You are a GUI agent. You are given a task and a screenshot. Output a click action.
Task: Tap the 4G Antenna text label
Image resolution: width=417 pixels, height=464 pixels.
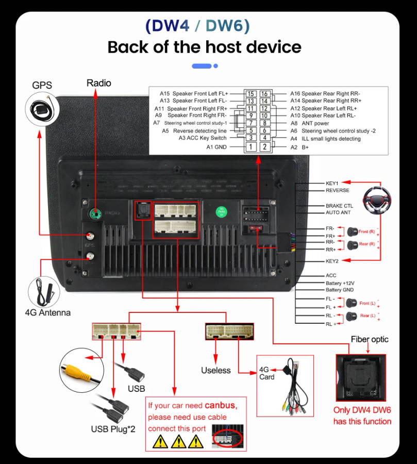48,312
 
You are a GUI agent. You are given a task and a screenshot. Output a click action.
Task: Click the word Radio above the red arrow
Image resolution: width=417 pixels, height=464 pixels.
98,83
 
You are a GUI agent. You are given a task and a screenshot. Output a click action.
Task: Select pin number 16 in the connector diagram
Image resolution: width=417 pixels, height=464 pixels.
264,94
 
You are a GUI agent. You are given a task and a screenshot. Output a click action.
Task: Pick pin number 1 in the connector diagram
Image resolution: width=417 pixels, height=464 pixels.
250,147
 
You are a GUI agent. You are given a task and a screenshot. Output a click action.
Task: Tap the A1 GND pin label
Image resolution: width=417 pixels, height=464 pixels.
216,147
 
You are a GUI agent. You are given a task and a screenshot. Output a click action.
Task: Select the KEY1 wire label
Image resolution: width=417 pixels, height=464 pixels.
332,183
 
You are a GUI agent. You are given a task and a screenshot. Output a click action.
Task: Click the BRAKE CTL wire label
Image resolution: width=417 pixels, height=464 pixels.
339,206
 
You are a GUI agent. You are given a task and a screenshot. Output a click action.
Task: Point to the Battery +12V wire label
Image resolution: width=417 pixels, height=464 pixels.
340,284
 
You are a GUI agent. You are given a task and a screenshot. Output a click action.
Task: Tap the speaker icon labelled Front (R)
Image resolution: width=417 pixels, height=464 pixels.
353,231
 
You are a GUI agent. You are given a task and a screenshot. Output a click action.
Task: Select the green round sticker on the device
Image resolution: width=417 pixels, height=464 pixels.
222,211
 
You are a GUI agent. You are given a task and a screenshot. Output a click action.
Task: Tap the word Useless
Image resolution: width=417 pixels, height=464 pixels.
216,370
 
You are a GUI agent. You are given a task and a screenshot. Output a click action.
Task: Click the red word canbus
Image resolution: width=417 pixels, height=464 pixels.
220,406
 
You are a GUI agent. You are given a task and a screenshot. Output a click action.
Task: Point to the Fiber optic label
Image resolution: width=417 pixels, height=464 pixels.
370,339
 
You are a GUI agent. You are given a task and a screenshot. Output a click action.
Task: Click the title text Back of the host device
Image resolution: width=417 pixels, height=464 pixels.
204,47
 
